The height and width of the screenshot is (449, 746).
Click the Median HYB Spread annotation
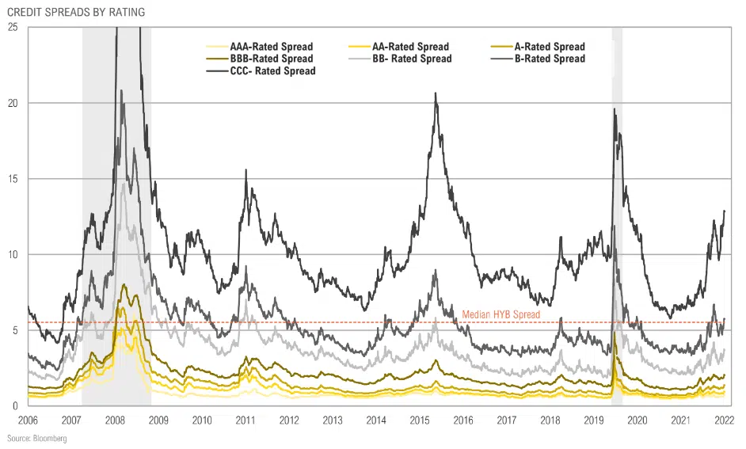pyautogui.click(x=501, y=314)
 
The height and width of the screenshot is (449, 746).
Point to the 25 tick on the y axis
pyautogui.click(x=13, y=27)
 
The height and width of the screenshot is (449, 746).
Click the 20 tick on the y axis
pyautogui.click(x=13, y=103)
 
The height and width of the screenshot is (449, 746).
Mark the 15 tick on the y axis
pyautogui.click(x=13, y=179)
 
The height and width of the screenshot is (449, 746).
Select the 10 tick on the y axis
pyautogui.click(x=13, y=255)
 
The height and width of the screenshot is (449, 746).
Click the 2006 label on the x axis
pyautogui.click(x=28, y=420)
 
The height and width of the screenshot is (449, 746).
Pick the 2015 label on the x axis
pyautogui.click(x=421, y=420)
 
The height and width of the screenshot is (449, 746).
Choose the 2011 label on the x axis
pyautogui.click(x=245, y=420)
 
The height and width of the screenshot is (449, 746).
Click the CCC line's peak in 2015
pyautogui.click(x=436, y=93)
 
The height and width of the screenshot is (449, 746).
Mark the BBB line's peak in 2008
pyautogui.click(x=124, y=285)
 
